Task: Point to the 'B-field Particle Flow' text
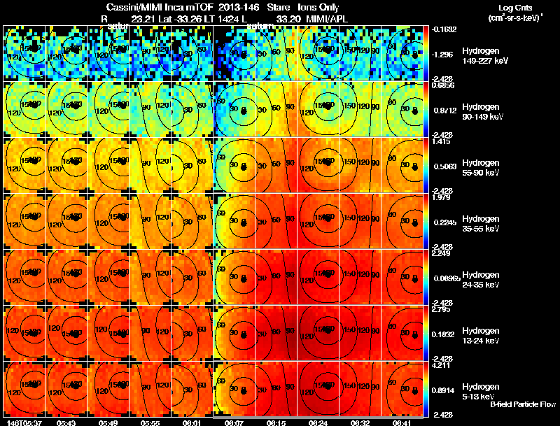pos(522,404)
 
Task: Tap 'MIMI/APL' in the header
pos(326,19)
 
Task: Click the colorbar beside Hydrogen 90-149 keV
pos(426,110)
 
